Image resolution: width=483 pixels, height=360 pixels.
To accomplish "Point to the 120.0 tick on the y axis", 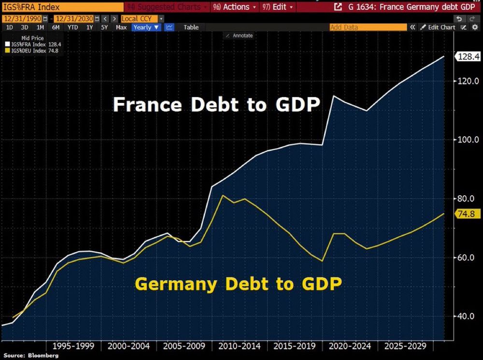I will point(469,81).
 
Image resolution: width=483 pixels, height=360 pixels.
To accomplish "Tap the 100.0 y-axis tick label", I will point(469,140).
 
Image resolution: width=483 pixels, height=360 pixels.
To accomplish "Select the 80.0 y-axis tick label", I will point(469,199).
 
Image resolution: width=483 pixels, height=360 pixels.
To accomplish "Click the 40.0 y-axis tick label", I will point(469,317).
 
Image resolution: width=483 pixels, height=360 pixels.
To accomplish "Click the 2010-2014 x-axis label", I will point(239,346).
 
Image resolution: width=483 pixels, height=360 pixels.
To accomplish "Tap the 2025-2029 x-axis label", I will point(405,346).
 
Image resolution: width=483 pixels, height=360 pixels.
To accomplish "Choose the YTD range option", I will point(72,28).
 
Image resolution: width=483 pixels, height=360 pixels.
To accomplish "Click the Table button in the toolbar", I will point(191,28).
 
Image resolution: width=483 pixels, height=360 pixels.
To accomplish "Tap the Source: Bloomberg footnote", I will point(31,355).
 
